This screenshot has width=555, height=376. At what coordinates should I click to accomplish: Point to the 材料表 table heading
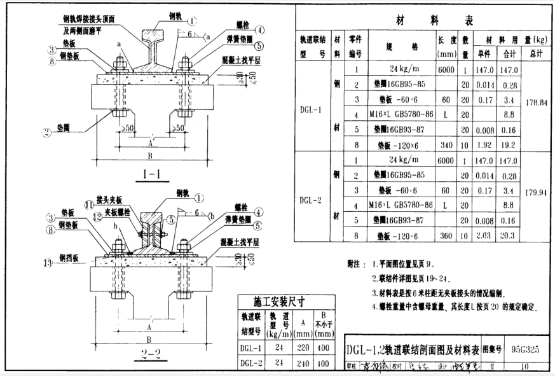click(x=425, y=20)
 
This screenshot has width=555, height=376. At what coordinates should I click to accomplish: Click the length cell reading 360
click(x=445, y=235)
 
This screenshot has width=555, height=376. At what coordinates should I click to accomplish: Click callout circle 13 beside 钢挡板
click(x=46, y=261)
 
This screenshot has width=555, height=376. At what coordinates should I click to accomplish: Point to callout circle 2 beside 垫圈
click(x=46, y=132)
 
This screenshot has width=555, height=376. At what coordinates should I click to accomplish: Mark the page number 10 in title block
click(x=525, y=366)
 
